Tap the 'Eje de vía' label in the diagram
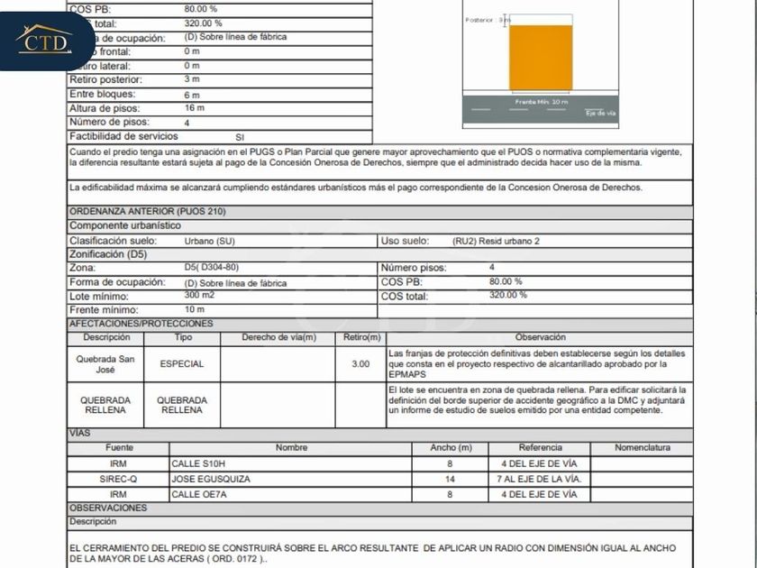[600, 113]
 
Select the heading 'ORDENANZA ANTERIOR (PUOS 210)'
[148, 211]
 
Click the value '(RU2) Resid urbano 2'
[496, 241]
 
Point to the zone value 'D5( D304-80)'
[212, 268]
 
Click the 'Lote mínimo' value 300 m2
[199, 296]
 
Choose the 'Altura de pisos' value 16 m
[194, 108]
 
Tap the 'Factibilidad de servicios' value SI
[240, 136]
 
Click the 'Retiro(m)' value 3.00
[360, 364]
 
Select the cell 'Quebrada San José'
[105, 364]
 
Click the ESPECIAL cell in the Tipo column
[182, 364]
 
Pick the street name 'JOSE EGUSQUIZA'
[211, 480]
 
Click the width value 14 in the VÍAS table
[450, 480]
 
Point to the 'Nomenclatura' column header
[643, 448]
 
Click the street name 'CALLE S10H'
[198, 464]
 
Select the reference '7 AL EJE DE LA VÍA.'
[541, 480]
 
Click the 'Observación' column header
[541, 337]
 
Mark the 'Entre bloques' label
[103, 95]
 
